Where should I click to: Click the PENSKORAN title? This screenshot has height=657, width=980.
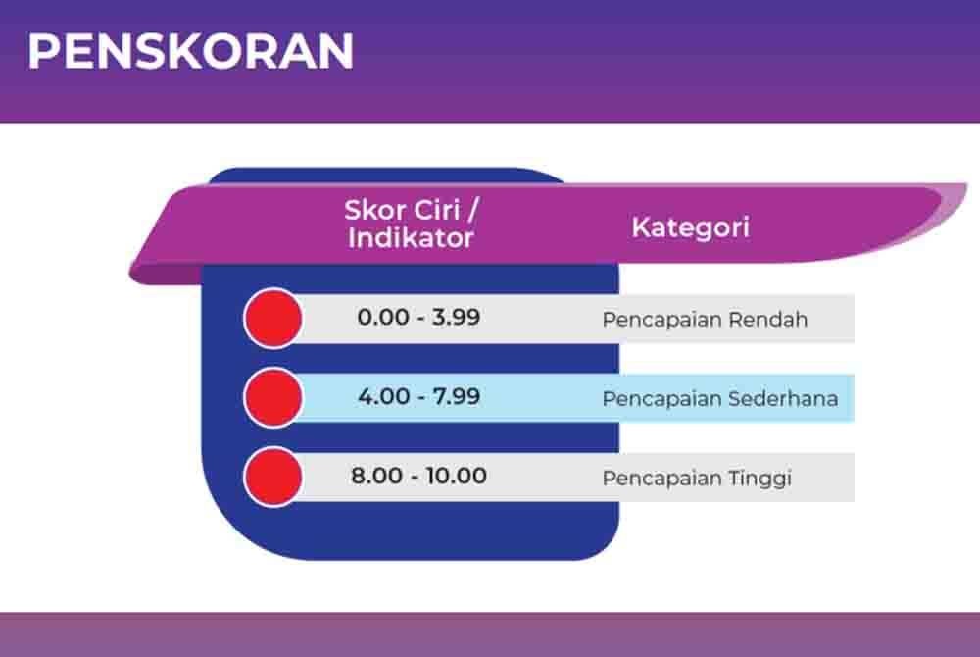click(x=191, y=51)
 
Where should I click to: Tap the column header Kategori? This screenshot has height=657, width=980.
click(x=690, y=227)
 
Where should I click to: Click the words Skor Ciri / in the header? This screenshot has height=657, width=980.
click(x=416, y=210)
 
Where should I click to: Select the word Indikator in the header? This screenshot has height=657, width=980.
click(x=411, y=237)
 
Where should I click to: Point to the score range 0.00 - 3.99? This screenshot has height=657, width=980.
click(x=418, y=318)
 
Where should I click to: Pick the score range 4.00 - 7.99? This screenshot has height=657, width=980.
click(x=418, y=397)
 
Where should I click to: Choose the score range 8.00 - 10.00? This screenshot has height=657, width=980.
click(x=418, y=477)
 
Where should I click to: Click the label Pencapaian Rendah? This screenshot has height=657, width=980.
click(x=705, y=320)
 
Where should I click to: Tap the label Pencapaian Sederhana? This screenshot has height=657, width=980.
click(x=719, y=399)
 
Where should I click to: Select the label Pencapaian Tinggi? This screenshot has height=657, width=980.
click(x=697, y=479)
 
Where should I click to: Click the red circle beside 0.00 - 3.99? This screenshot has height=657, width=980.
click(x=272, y=319)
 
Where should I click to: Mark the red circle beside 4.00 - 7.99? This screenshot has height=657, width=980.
click(x=272, y=397)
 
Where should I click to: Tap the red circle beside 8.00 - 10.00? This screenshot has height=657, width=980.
click(x=272, y=477)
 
